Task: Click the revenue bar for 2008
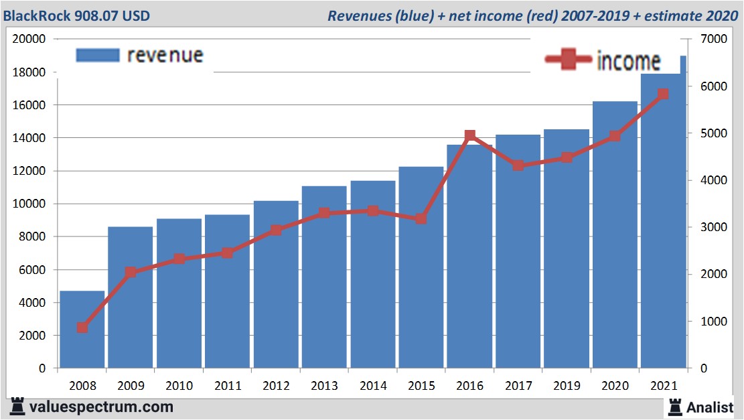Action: point(82,330)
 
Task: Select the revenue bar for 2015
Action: point(421,268)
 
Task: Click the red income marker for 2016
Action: point(469,136)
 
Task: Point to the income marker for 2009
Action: point(131,273)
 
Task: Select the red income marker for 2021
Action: point(663,94)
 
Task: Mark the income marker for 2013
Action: point(324,213)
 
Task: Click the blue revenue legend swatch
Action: point(98,55)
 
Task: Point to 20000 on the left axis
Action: point(29,39)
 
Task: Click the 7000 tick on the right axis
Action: point(714,39)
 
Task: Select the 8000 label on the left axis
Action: point(32,236)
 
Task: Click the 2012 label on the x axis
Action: point(276,386)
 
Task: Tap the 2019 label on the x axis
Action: point(567,386)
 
